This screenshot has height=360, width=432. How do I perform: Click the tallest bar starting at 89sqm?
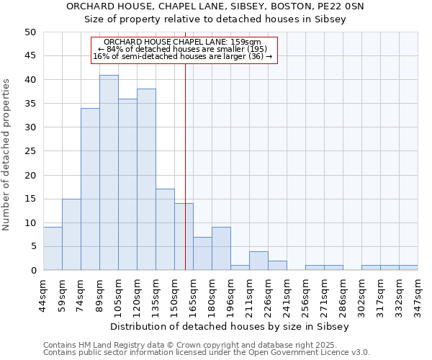(x=109, y=173)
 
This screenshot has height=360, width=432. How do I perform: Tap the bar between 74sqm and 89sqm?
(x=90, y=189)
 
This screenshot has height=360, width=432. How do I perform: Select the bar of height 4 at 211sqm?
(x=258, y=261)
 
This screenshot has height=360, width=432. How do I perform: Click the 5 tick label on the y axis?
(x=33, y=246)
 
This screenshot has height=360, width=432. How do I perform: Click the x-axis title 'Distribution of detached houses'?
(x=230, y=326)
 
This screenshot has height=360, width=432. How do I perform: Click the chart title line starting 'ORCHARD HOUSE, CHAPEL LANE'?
(x=215, y=6)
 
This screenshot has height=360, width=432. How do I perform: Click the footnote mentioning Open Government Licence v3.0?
(x=207, y=353)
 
